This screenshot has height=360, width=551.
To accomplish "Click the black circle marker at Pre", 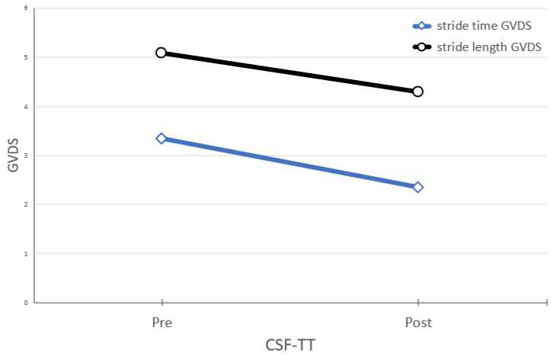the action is (161, 53).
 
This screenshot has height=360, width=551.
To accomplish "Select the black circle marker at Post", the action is (418, 92).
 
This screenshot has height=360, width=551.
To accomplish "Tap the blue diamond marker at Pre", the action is (162, 139).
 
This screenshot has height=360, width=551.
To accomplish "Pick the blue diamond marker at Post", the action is (418, 188).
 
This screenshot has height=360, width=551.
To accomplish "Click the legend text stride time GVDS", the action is (484, 26).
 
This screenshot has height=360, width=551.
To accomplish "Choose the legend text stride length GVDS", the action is (489, 47).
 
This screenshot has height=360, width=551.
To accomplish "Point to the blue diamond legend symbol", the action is (422, 26).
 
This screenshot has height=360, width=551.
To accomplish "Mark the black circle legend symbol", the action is (422, 47).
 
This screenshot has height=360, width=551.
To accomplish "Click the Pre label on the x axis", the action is (162, 323).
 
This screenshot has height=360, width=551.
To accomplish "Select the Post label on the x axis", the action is (418, 323).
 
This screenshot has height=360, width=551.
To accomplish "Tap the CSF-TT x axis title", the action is (290, 345).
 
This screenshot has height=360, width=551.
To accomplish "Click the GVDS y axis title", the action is (13, 155).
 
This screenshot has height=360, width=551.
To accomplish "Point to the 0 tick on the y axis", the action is (26, 303).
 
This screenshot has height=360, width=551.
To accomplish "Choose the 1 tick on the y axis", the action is (26, 254).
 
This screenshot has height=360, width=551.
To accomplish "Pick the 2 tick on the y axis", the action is (26, 204).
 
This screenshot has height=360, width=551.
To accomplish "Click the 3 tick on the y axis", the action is (26, 156).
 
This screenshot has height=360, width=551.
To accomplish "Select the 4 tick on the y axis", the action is (26, 107).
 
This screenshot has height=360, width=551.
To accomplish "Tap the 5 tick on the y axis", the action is (26, 58).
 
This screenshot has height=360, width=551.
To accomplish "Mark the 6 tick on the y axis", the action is (26, 8).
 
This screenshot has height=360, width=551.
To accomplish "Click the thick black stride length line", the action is (289, 72).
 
